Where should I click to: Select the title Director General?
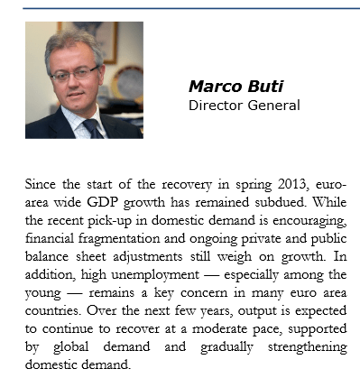(244, 105)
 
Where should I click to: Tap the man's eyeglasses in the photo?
(76, 71)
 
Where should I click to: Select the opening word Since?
(42, 184)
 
